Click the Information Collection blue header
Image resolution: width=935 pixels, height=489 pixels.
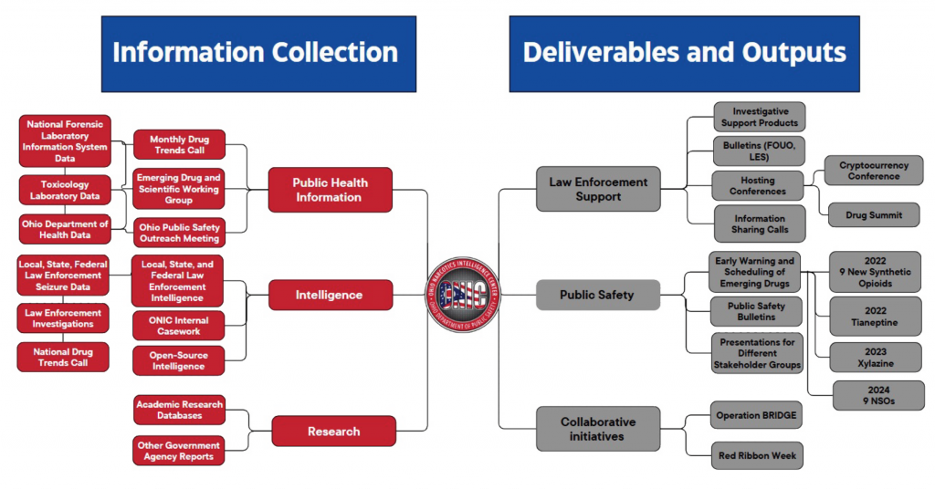pos(255,54)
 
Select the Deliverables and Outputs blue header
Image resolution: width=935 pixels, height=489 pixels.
pos(685,54)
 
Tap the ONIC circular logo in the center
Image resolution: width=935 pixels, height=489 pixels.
pos(464,295)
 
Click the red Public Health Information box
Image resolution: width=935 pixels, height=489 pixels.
pos(330,190)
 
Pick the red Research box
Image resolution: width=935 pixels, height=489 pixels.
pos(333,431)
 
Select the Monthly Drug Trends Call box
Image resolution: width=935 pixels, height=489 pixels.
pos(179,145)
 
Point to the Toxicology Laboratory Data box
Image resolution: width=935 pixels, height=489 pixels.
pos(65,190)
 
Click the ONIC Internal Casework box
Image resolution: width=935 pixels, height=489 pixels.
pos(179,326)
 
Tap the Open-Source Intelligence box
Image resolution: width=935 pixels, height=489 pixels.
pos(179,360)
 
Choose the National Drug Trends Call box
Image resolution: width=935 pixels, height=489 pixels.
pos(64,357)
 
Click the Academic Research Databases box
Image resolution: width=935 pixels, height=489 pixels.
pos(179,410)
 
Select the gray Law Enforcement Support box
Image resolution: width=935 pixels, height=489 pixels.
pos(598,189)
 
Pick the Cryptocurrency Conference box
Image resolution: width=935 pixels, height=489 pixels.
pos(873,171)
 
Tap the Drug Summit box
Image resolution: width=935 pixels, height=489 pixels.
pos(873,215)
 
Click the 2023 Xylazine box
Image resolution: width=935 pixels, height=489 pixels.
pos(875,358)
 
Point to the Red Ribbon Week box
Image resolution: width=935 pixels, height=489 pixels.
pos(757,455)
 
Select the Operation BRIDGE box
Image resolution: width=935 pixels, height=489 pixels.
pos(756,415)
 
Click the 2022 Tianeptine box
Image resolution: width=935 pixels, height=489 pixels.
pos(875,316)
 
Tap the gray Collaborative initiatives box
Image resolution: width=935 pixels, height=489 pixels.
pos(598,429)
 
